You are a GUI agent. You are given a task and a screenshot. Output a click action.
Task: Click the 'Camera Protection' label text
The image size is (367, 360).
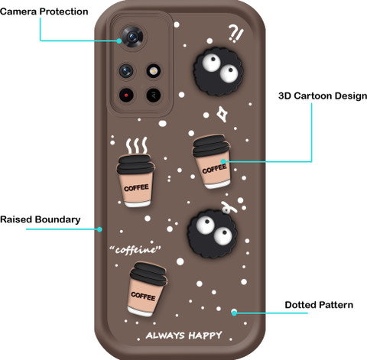(x=44, y=11)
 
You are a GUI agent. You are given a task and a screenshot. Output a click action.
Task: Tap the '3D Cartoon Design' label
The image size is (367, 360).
(x=323, y=96)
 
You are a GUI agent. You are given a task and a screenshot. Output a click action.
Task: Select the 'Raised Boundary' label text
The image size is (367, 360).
(x=41, y=219)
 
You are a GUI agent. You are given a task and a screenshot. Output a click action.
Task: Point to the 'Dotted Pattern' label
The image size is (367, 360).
(x=319, y=305)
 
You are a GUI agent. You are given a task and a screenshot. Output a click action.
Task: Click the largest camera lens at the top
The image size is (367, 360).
(x=132, y=37)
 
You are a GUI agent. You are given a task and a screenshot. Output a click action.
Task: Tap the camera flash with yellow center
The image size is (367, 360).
(x=153, y=71)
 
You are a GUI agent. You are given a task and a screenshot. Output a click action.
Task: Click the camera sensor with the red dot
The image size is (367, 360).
(x=126, y=96)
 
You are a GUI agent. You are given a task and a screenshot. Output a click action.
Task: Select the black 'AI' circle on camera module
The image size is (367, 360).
(x=154, y=96)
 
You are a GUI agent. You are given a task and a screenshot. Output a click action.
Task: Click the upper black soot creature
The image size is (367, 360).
(x=218, y=71)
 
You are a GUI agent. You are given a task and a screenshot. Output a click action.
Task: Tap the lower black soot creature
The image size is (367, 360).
(x=212, y=233)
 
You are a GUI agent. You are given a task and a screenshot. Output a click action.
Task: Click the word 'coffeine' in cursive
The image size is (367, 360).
(x=135, y=249)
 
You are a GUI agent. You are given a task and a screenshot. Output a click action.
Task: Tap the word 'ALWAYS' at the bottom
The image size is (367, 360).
(x=165, y=336)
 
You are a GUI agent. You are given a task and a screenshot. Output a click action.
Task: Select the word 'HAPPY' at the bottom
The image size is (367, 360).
(x=206, y=336)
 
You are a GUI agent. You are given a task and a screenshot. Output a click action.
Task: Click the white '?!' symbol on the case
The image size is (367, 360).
(x=236, y=34)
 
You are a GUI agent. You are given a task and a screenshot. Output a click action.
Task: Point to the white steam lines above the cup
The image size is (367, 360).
(x=137, y=145)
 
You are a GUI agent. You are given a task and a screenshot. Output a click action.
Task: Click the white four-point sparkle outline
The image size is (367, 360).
(x=222, y=114)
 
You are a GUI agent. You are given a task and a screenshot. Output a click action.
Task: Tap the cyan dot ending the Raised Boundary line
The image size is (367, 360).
(x=99, y=229)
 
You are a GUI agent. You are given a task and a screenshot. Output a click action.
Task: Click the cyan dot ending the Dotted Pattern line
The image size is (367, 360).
(x=234, y=313)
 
